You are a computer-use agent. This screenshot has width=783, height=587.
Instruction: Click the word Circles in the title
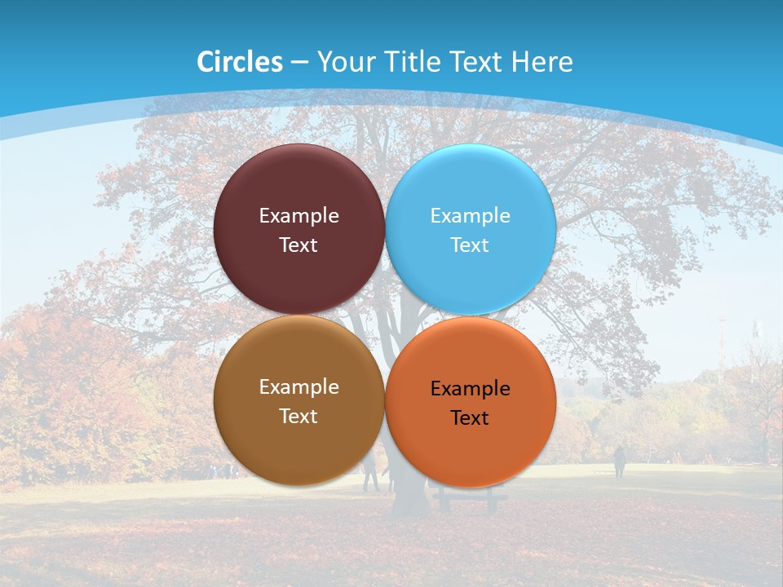pyautogui.click(x=239, y=62)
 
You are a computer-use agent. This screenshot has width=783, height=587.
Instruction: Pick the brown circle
pyautogui.click(x=299, y=444)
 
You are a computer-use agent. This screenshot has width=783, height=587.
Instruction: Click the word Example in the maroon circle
pyautogui.click(x=299, y=216)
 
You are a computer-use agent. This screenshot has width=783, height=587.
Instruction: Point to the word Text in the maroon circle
pyautogui.click(x=299, y=245)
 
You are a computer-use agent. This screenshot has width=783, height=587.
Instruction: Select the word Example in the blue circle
pyautogui.click(x=471, y=216)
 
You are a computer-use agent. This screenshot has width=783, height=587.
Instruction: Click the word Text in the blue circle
pyautogui.click(x=471, y=245)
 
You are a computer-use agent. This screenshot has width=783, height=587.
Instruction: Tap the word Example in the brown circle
pyautogui.click(x=299, y=387)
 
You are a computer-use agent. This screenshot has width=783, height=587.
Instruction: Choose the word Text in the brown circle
pyautogui.click(x=299, y=417)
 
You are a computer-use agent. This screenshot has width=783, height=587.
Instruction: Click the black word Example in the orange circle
pyautogui.click(x=471, y=389)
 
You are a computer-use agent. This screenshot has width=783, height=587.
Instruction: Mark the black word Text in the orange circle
pyautogui.click(x=471, y=418)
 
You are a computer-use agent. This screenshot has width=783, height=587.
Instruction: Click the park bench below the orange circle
pyautogui.click(x=471, y=498)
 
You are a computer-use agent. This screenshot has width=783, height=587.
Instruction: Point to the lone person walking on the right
pyautogui.click(x=619, y=461)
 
